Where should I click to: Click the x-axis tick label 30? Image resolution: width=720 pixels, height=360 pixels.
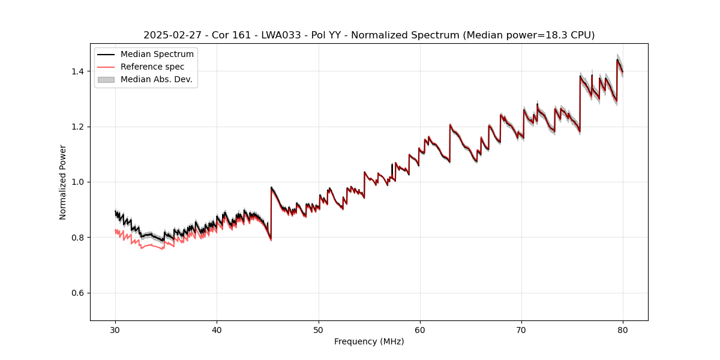[116, 330]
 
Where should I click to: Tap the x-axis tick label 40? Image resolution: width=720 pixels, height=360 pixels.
[217, 330]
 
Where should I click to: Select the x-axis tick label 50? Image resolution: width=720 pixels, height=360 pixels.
[319, 330]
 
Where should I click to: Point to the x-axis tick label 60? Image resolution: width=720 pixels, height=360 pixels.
[420, 330]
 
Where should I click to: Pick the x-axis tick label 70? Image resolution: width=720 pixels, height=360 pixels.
[521, 330]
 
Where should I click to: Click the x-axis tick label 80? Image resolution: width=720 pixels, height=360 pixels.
[623, 330]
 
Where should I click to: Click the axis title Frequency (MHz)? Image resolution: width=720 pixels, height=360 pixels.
[369, 341]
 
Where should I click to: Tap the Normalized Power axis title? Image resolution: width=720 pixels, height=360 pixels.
[63, 182]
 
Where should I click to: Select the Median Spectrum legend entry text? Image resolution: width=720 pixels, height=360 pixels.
[157, 55]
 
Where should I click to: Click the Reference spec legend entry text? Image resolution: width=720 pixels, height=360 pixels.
[152, 67]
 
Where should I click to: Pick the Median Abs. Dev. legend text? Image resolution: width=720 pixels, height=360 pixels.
[157, 79]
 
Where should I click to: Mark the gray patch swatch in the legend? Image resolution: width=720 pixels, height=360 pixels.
[106, 79]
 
